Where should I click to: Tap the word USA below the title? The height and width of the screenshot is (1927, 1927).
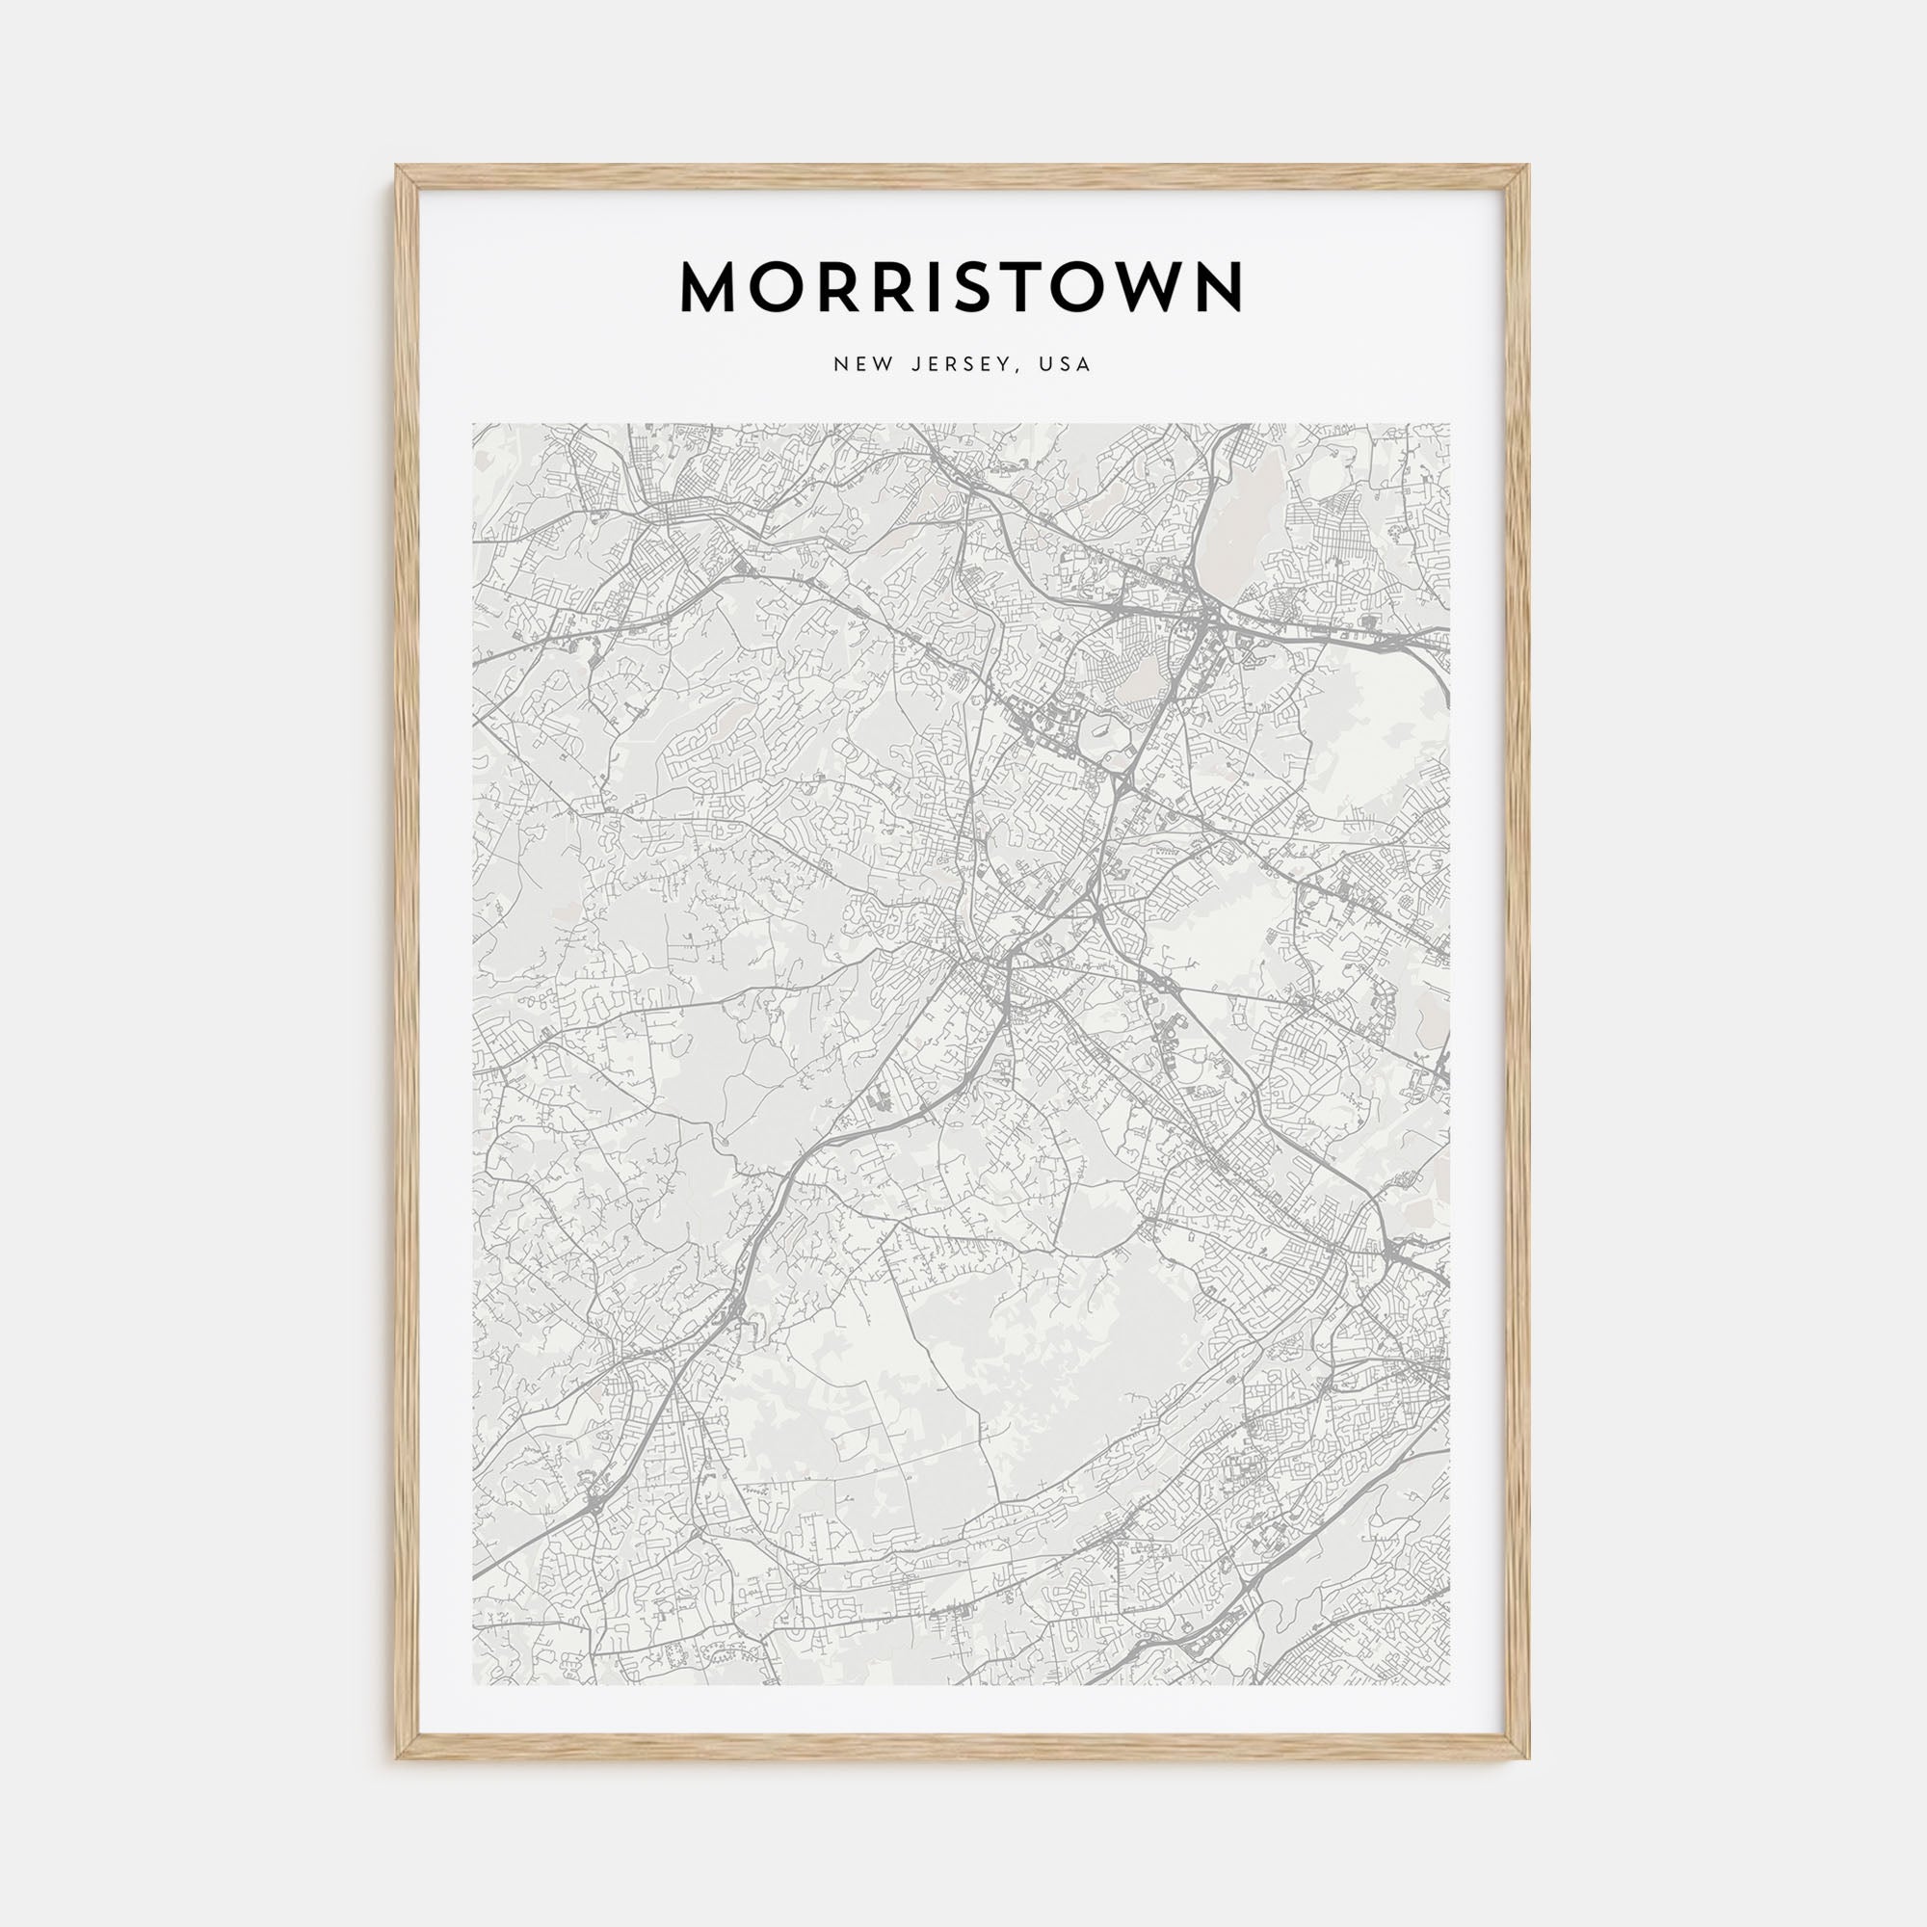[1065, 364]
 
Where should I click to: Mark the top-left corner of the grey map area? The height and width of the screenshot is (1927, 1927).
[474, 424]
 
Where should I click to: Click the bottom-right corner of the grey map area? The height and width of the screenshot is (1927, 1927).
[1449, 1684]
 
